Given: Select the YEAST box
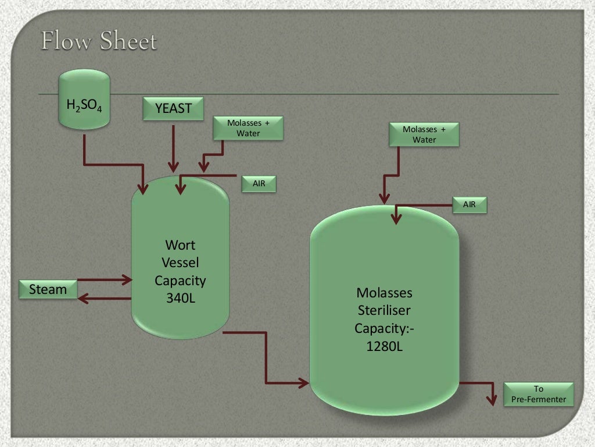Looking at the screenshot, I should pyautogui.click(x=173, y=109).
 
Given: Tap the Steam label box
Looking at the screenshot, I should pyautogui.click(x=48, y=289).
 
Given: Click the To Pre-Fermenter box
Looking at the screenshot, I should pyautogui.click(x=538, y=394).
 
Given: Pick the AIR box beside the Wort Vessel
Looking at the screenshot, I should pyautogui.click(x=259, y=184).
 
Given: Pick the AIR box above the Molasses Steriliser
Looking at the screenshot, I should pyautogui.click(x=469, y=204).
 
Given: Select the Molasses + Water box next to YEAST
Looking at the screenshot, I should pyautogui.click(x=248, y=128).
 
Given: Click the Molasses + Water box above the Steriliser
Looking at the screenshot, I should pyautogui.click(x=424, y=134).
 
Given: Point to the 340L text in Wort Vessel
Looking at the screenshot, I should pyautogui.click(x=180, y=298).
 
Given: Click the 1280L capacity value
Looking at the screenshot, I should pyautogui.click(x=385, y=346).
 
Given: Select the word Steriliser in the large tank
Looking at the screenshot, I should pyautogui.click(x=385, y=310).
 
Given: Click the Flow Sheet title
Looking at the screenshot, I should pyautogui.click(x=99, y=41).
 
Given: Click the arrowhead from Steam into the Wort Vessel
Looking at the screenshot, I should pyautogui.click(x=127, y=281).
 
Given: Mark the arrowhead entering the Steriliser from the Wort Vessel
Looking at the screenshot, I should pyautogui.click(x=303, y=382).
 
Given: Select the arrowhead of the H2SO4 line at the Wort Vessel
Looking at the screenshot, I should pyautogui.click(x=143, y=189).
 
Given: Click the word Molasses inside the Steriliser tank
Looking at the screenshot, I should pyautogui.click(x=385, y=292).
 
